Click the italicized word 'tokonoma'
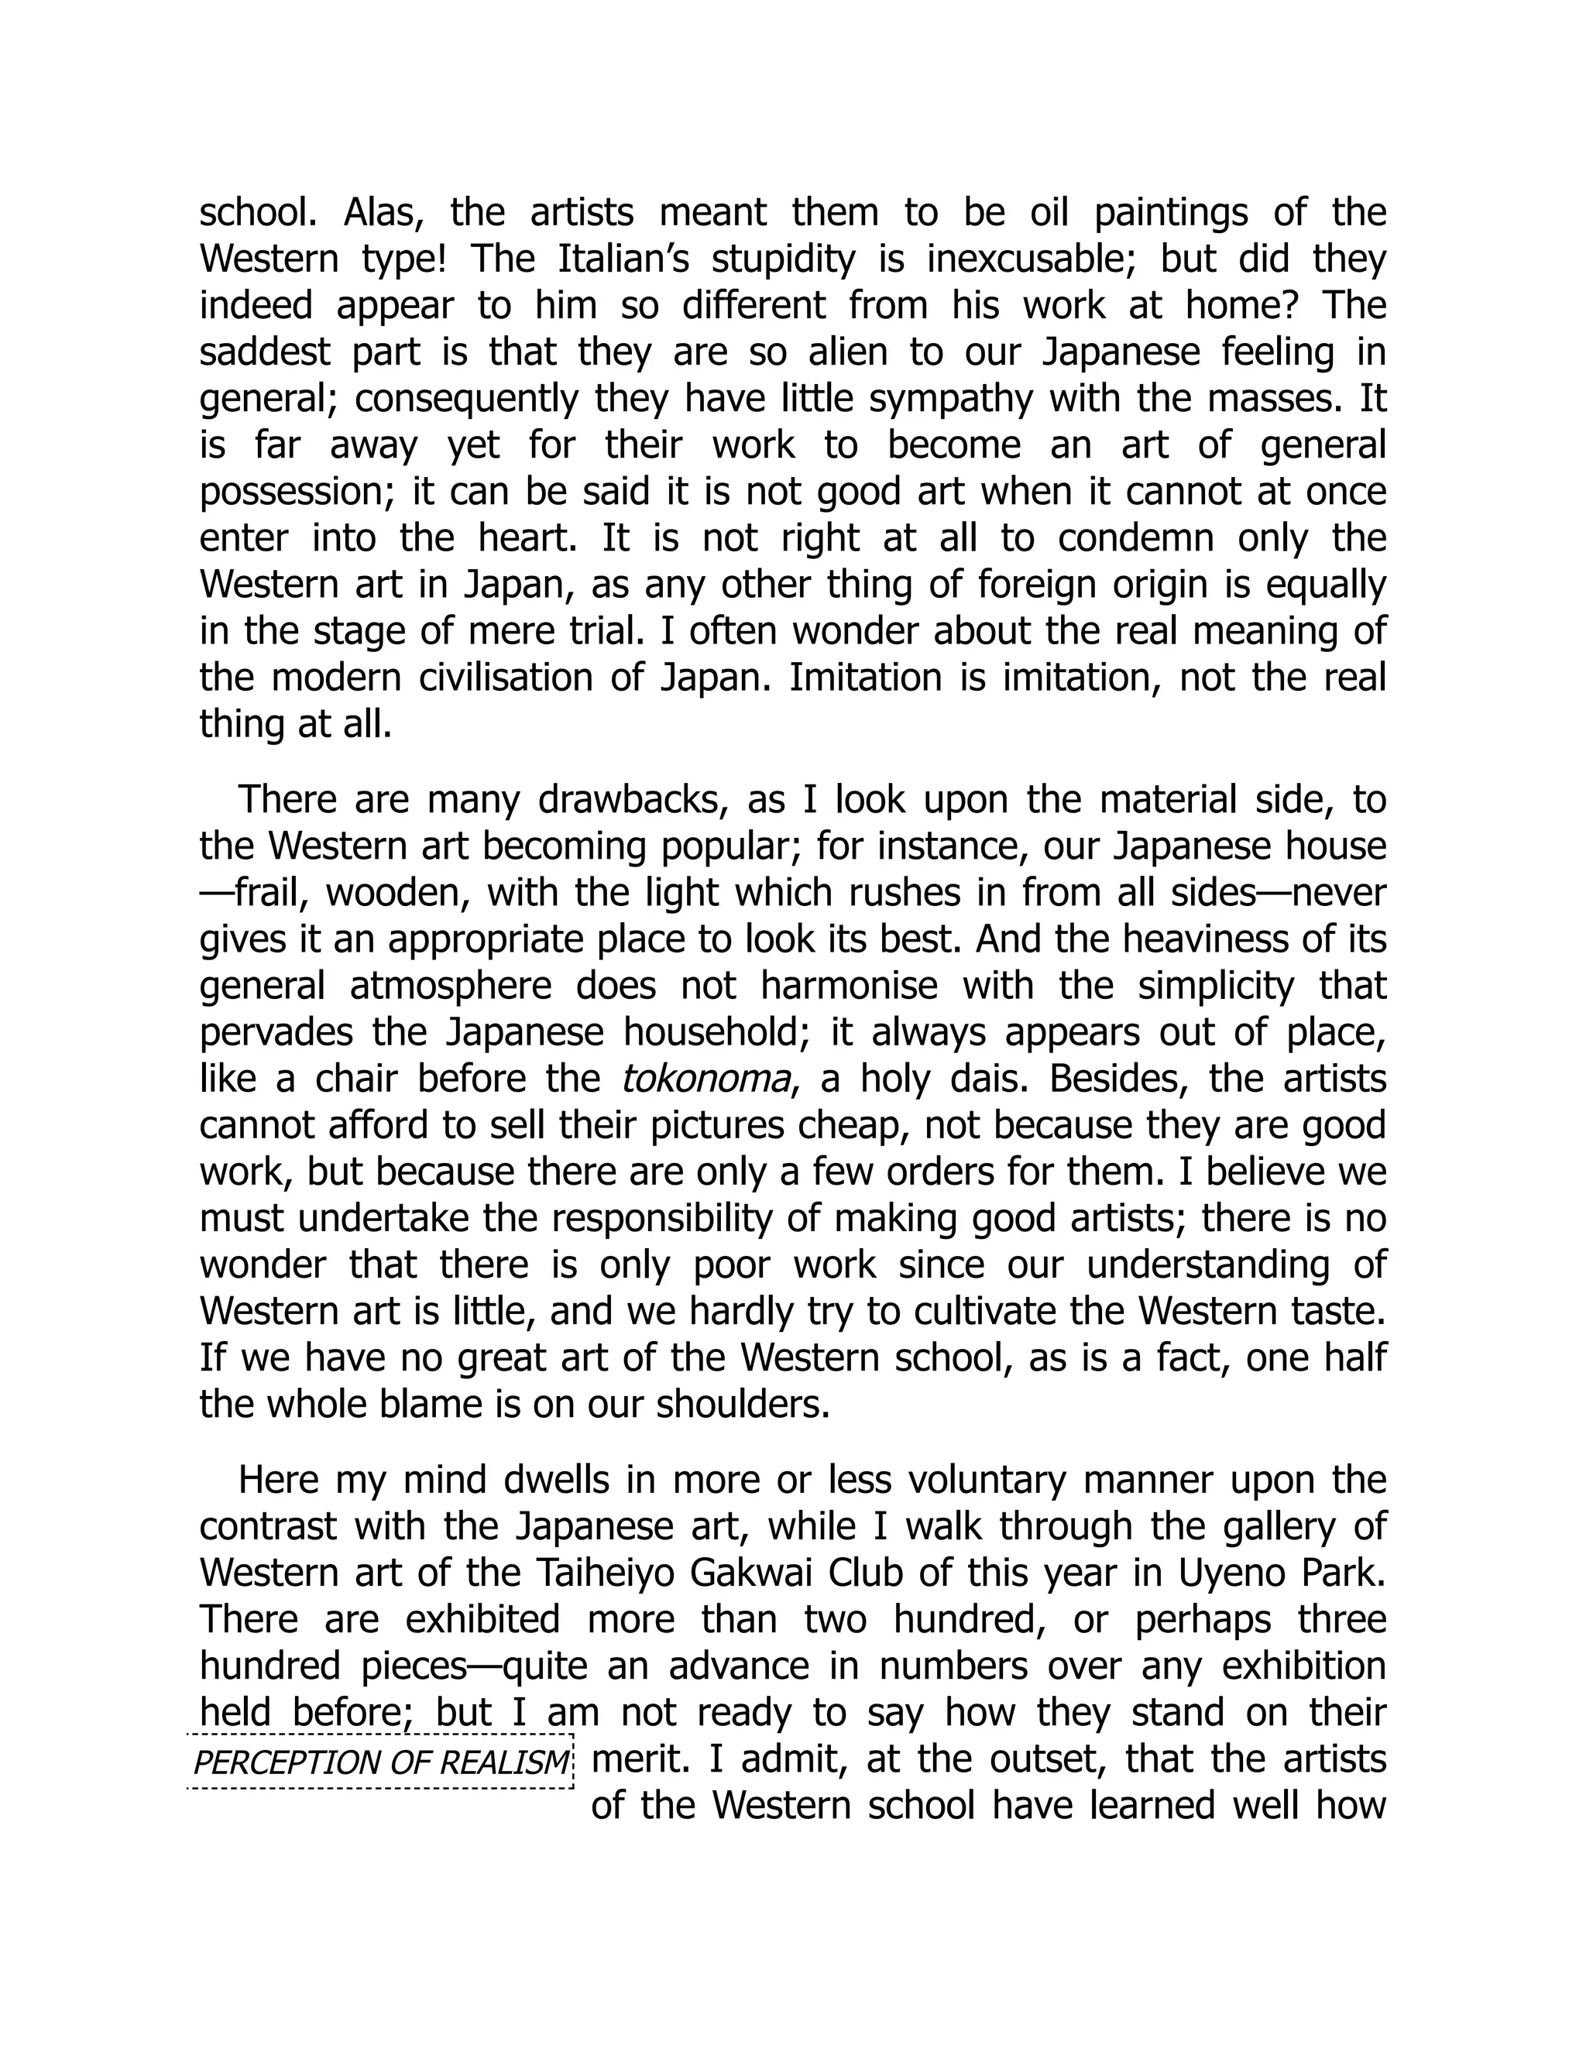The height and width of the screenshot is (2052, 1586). (x=705, y=1079)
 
